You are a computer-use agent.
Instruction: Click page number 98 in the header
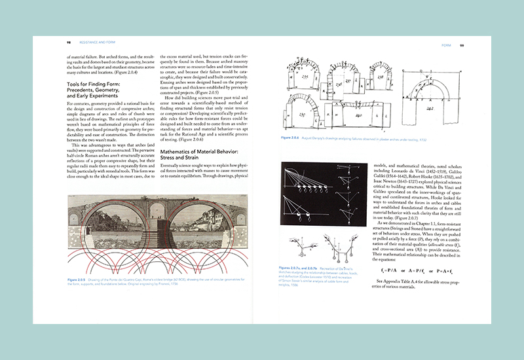point(69,45)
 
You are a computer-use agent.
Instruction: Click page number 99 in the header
point(462,45)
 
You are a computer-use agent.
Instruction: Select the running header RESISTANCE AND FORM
point(94,45)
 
